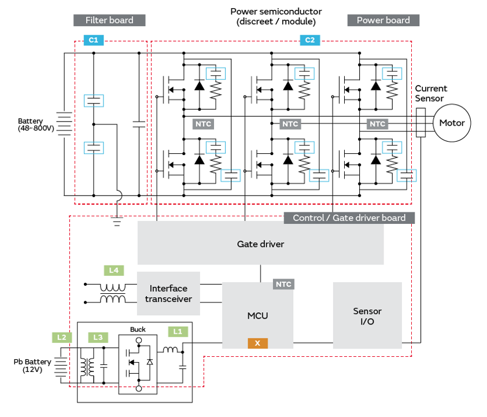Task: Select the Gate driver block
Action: pyautogui.click(x=260, y=243)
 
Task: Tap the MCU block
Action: pyautogui.click(x=257, y=315)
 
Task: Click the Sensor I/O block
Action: pyautogui.click(x=367, y=315)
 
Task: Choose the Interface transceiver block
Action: pyautogui.click(x=168, y=293)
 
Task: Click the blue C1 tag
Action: pyautogui.click(x=93, y=40)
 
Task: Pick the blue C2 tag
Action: pyautogui.click(x=310, y=40)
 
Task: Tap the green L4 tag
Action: pyautogui.click(x=114, y=270)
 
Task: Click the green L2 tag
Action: pyautogui.click(x=62, y=337)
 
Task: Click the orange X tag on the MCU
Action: pyautogui.click(x=257, y=343)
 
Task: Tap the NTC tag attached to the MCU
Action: pyautogui.click(x=283, y=284)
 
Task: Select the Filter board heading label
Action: pyautogui.click(x=109, y=20)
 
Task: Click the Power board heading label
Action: pyautogui.click(x=383, y=20)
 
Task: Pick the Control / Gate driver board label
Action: pyautogui.click(x=349, y=218)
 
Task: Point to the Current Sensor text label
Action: pyautogui.click(x=431, y=93)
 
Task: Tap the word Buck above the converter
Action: pyautogui.click(x=138, y=329)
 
